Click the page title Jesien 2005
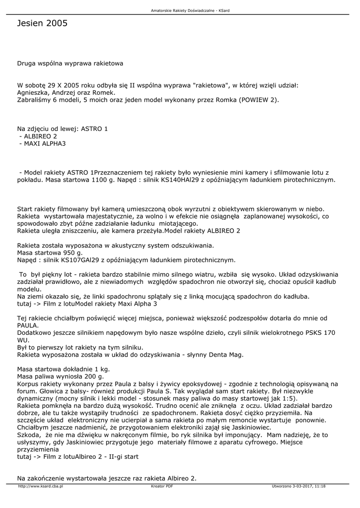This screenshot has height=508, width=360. pyautogui.click(x=42, y=23)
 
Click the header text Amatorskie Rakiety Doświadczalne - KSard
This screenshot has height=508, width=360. pyautogui.click(x=180, y=10)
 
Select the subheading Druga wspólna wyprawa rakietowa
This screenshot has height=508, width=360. pyautogui.click(x=70, y=63)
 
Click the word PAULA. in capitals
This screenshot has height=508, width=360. pyautogui.click(x=28, y=325)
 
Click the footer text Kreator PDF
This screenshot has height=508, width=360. pyautogui.click(x=162, y=486)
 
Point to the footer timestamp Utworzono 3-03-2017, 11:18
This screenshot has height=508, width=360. pyautogui.click(x=298, y=486)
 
